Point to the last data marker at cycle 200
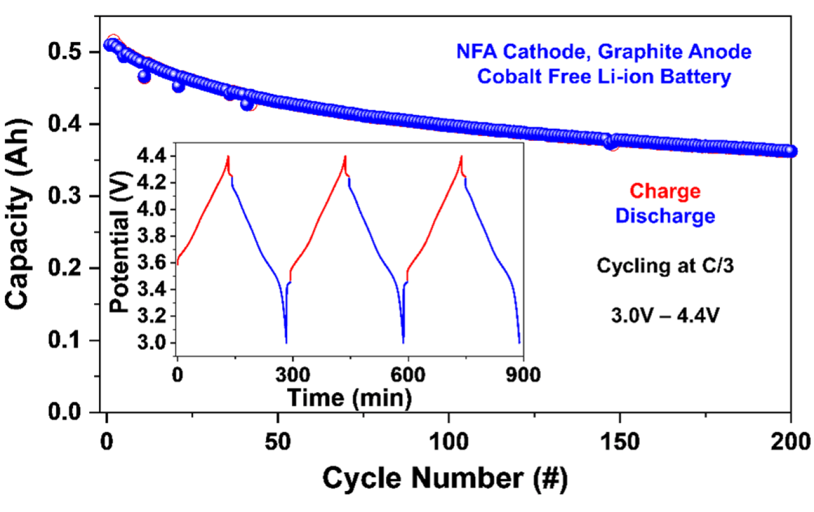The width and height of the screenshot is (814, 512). pyautogui.click(x=790, y=151)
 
